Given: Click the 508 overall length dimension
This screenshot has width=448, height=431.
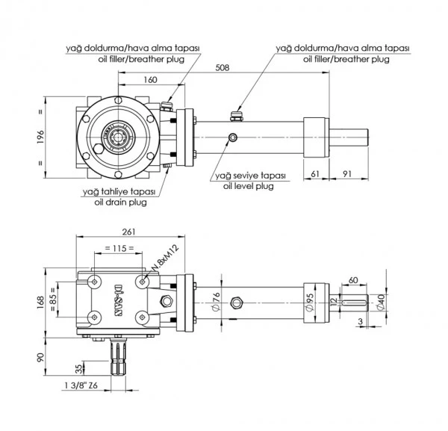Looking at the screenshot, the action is [223, 68].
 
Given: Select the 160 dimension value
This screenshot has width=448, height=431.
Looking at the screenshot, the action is [150, 80].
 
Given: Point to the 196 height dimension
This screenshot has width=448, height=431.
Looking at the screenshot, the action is [40, 137].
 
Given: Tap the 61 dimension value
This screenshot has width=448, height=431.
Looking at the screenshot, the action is [314, 174].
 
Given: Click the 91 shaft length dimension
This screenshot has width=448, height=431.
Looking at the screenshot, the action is [347, 174].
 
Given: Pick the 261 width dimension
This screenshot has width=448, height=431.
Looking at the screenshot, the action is [128, 232].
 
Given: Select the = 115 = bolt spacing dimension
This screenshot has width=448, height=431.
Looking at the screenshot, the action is [119, 248].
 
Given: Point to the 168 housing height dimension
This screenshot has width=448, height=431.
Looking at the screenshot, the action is [40, 303].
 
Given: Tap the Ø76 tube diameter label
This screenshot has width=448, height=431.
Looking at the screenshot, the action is [217, 302].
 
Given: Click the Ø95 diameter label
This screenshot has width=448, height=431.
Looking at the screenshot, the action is [309, 303].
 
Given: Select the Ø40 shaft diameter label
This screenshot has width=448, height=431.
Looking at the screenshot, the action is [381, 303].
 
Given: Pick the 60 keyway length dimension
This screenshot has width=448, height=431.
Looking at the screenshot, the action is [353, 280].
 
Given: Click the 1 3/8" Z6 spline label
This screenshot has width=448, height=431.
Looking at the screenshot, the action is [81, 385].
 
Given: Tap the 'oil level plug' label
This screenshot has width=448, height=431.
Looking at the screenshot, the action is [249, 186].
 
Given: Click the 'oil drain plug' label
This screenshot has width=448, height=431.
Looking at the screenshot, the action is [120, 202].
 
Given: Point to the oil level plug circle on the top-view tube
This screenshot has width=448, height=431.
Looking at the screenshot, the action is [233, 137].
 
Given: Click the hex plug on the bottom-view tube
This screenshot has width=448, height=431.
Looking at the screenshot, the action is [237, 303].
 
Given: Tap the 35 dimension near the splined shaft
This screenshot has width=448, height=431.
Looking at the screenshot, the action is [79, 369].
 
